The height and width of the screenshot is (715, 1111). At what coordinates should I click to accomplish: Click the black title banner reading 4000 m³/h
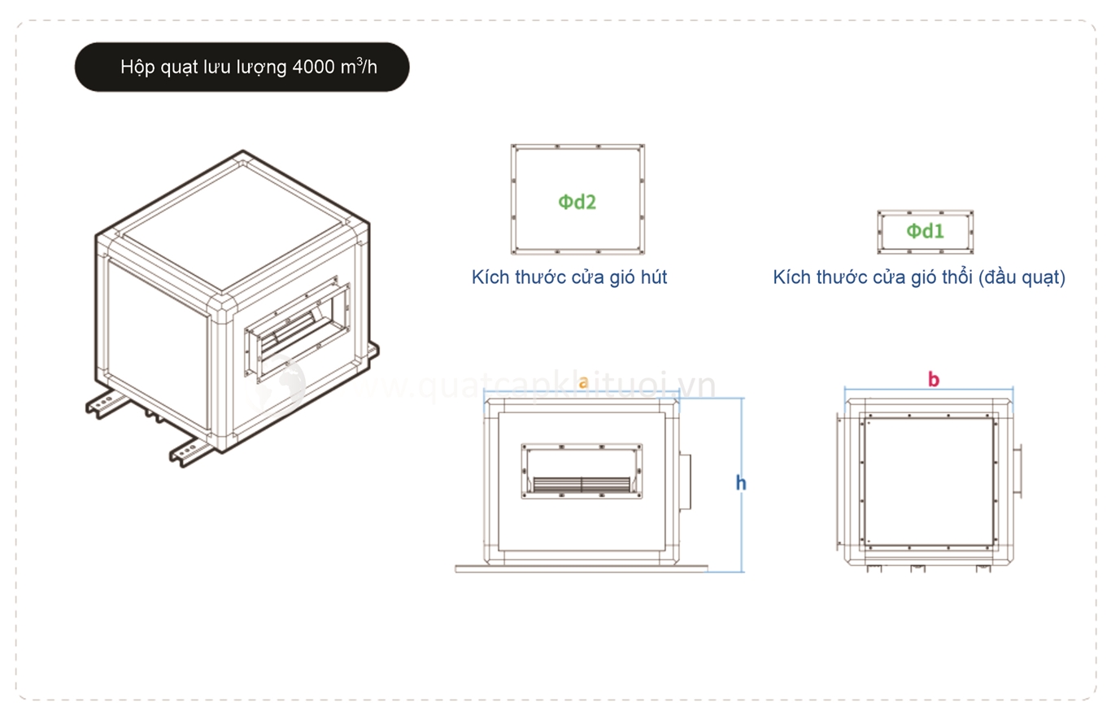coord(242,67)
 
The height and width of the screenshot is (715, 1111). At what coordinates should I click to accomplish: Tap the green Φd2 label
coord(577,201)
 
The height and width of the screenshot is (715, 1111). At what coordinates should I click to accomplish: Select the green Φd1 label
coord(926,232)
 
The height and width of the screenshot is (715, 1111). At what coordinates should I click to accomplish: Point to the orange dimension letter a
coord(582,381)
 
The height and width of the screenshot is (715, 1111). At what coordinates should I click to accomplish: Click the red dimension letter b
coord(934,379)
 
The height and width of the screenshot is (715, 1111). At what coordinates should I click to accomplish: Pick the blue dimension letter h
coord(741,483)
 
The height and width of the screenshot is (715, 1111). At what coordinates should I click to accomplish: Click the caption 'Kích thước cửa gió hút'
coord(569,277)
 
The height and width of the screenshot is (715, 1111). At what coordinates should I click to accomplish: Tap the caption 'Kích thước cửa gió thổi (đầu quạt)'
coord(919,277)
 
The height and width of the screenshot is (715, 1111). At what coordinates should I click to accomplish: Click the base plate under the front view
coord(581,569)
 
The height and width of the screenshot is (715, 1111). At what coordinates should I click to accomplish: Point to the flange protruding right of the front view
coord(686,483)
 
